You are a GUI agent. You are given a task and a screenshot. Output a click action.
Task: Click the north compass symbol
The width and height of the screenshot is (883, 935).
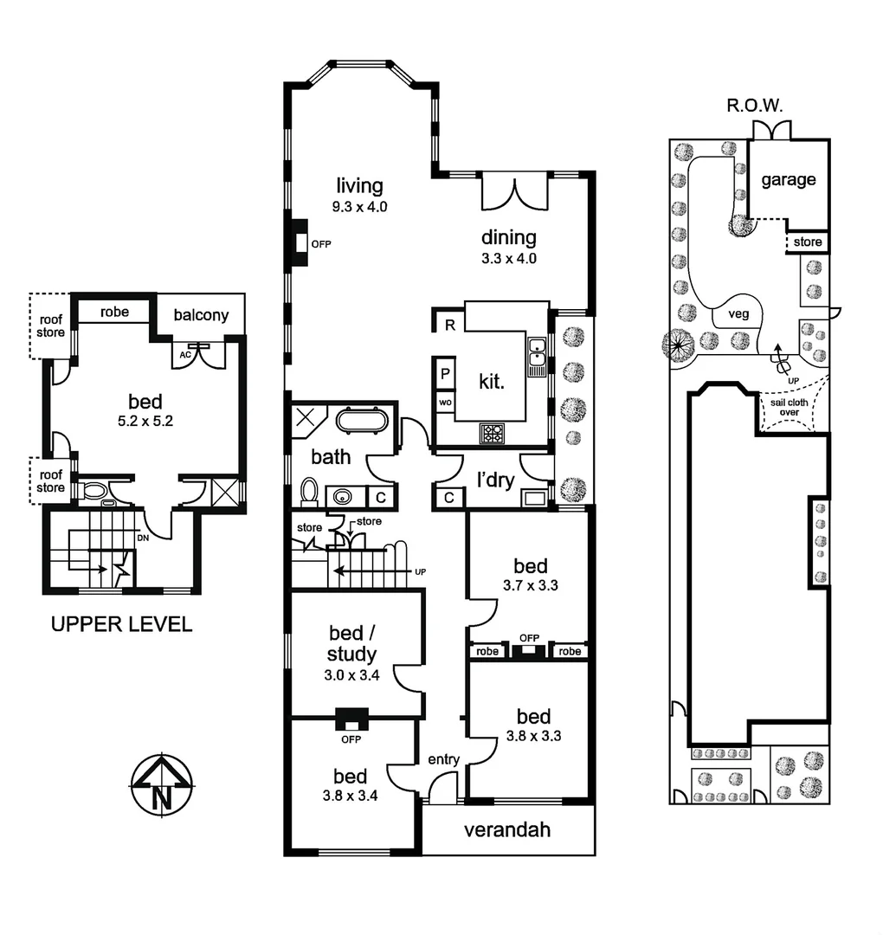161,784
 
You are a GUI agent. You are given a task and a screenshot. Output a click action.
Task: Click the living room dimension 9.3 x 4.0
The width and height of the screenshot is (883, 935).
359,207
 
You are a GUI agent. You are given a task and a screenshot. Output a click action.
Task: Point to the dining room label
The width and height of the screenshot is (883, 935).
509,237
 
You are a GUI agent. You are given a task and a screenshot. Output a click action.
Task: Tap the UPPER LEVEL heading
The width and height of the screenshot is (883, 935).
122,624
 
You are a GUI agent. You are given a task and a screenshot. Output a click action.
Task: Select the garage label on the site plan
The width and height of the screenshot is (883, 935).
788,180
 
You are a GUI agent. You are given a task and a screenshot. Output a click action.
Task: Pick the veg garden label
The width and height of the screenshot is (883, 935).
738,313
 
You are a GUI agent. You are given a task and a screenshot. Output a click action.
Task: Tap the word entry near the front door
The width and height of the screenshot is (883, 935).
443,759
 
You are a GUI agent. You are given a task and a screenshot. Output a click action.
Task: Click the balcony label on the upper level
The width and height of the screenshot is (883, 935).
200,314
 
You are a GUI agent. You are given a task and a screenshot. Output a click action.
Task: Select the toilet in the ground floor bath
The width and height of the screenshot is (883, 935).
309,491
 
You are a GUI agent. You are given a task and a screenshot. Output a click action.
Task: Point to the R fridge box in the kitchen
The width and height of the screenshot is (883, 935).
449,326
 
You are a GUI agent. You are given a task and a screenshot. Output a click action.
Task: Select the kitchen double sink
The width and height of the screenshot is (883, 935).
538,351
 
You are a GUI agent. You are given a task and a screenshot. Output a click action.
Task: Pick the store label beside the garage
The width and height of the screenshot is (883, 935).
808,242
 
